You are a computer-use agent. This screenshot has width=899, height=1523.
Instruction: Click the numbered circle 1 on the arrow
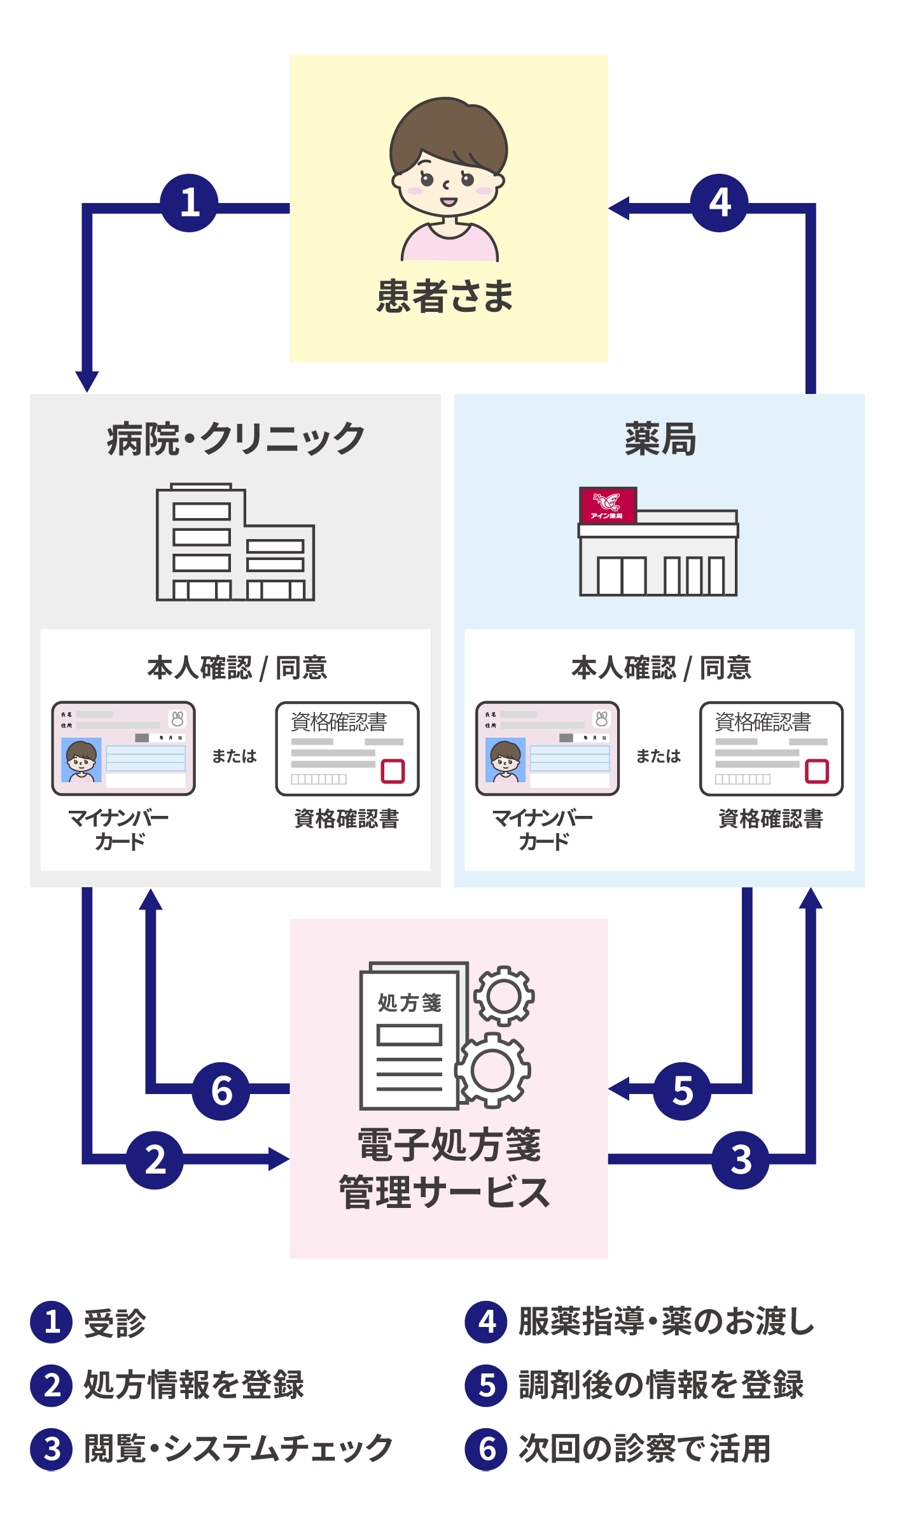coord(189,203)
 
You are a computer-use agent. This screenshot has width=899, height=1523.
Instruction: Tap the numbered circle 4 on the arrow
coord(719,203)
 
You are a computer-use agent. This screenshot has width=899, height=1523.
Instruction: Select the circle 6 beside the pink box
coord(221,1091)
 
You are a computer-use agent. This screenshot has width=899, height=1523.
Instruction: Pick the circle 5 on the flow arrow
coord(681,1091)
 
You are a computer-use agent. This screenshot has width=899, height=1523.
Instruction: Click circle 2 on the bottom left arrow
coord(155,1160)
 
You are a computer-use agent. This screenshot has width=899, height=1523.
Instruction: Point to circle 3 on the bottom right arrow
coord(740,1160)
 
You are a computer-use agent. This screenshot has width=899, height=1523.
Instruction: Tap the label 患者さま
coord(445,297)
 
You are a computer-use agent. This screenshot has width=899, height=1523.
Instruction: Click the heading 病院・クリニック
coord(236,439)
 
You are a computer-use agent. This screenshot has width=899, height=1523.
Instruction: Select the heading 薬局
coord(660,439)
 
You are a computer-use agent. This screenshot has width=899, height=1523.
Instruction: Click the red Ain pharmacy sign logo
coord(608,505)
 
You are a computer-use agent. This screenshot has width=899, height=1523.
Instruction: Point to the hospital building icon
coord(235,542)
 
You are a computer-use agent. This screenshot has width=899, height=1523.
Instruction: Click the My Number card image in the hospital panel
coord(123,748)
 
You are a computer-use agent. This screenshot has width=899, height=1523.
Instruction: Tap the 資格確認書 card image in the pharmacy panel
coord(771,748)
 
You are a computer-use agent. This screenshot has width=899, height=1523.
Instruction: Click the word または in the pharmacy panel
coord(659,756)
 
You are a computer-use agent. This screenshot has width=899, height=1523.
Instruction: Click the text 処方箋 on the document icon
coord(410,1002)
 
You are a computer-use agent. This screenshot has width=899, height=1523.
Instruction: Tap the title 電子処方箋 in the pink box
coord(449,1144)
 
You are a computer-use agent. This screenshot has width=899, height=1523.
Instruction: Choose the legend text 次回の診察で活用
coord(645,1449)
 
